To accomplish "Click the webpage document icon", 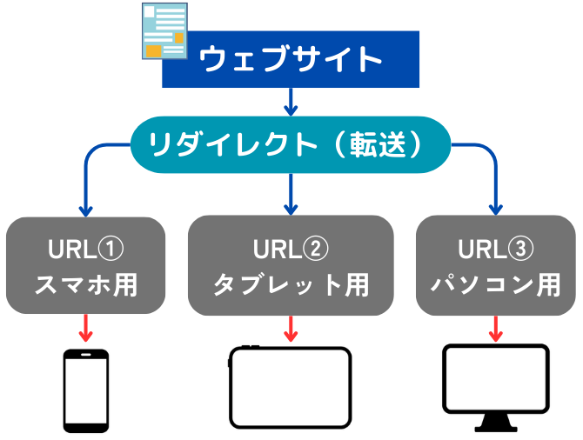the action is [x=164, y=30].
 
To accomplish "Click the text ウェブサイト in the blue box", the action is [x=291, y=59].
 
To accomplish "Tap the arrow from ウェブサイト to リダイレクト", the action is [x=291, y=102].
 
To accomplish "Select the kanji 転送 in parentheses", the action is [x=378, y=144].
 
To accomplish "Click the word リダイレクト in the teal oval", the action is [x=232, y=144].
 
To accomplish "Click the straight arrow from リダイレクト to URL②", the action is [x=291, y=195].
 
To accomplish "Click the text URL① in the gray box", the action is [x=86, y=249].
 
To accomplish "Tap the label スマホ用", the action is [x=86, y=285].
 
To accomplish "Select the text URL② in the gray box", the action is [x=291, y=249].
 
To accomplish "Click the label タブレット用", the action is [x=291, y=285].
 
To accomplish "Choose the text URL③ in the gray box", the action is [x=496, y=249].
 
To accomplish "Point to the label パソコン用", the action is [x=496, y=285].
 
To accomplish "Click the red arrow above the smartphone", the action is [x=86, y=328].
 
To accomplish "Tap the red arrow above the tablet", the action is [x=291, y=329].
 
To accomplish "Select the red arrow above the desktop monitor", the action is [x=496, y=329].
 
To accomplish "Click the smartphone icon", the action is [x=86, y=390].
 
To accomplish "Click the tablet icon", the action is [x=290, y=387].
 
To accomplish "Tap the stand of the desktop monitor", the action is [x=496, y=423].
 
